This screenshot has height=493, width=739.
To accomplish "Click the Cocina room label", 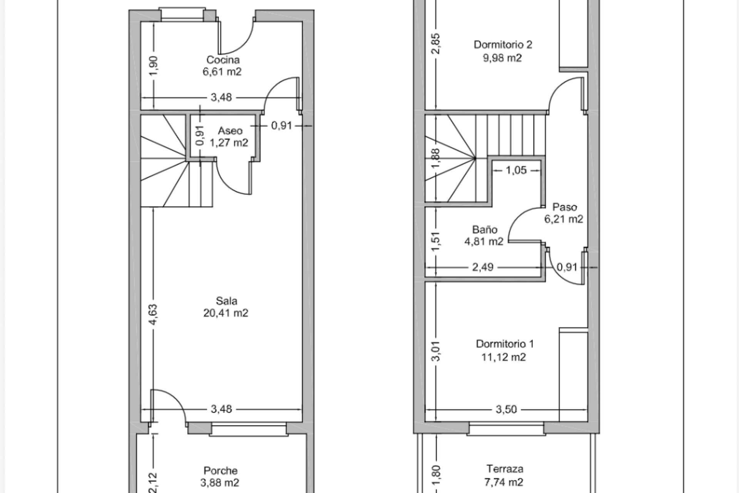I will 223,60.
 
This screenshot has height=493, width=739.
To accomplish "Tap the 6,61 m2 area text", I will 222,72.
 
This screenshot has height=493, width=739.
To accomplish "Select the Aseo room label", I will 230,131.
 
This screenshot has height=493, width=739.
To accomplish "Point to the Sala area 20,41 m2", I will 226,313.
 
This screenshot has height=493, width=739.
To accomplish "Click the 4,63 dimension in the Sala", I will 153,315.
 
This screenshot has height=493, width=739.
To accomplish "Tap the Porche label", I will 221,470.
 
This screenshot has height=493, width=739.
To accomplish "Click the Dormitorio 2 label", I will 503,45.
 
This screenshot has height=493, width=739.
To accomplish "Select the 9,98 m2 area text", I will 503,58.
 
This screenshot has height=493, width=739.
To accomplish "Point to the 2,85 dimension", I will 436,45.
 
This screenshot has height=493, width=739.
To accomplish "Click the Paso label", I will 565,207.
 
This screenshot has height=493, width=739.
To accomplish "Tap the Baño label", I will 485,230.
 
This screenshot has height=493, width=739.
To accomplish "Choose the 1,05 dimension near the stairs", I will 516,170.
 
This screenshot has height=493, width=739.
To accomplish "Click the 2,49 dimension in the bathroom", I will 483,267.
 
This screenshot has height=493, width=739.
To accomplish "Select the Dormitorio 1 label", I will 505,344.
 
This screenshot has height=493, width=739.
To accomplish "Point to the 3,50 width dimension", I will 506,409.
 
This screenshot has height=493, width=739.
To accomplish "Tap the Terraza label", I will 505,469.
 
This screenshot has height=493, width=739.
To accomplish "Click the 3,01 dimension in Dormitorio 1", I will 436,352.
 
